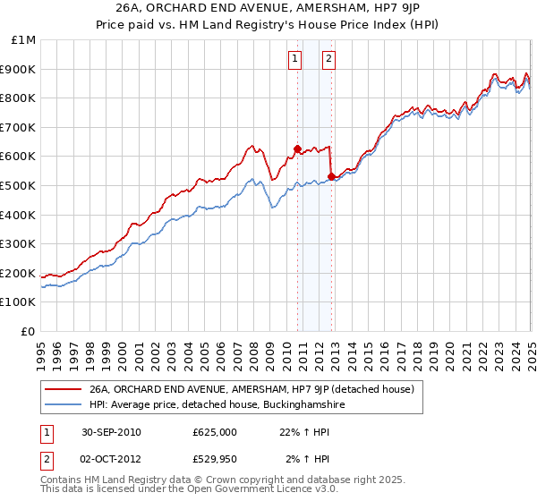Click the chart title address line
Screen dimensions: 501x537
click(268, 9)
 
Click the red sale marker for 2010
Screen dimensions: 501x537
click(297, 149)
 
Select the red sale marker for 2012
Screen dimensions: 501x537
click(331, 177)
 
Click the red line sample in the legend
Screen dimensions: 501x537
click(63, 390)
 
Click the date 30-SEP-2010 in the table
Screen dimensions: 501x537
click(111, 432)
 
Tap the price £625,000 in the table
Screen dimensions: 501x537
click(215, 432)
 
